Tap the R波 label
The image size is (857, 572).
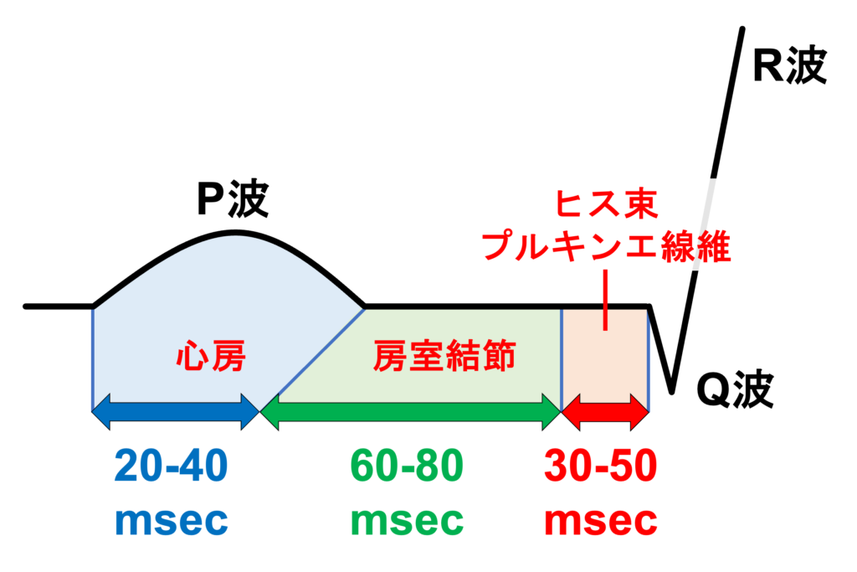(x=788, y=65)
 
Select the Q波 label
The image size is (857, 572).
(x=735, y=389)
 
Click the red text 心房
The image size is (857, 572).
(x=211, y=358)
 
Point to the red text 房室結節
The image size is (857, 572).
(x=444, y=358)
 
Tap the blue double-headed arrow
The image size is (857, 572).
(x=176, y=411)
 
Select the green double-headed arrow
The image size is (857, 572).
(x=410, y=411)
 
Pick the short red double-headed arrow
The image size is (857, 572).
(x=605, y=411)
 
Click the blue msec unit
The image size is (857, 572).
(x=171, y=521)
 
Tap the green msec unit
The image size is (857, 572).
(x=407, y=521)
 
